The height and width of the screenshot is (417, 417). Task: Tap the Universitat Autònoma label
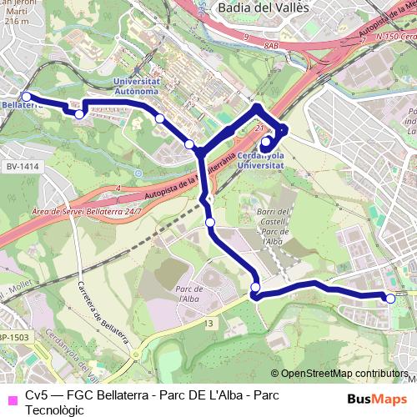coord(135,87)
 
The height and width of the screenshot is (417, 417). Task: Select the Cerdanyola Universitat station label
coord(260,162)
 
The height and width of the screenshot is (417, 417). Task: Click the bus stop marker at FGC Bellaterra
coord(26,97)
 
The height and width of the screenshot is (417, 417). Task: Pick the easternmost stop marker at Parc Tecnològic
coord(389,298)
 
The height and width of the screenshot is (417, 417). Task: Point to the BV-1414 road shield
coord(23,167)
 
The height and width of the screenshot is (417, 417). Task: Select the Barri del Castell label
coord(273,220)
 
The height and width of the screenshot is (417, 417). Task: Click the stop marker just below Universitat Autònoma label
coord(159,118)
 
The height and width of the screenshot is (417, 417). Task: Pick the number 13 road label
coord(208,322)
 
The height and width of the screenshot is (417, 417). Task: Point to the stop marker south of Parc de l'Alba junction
coord(255,289)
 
